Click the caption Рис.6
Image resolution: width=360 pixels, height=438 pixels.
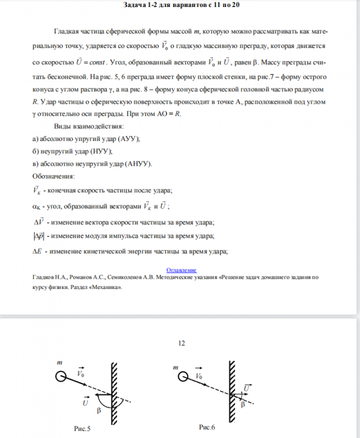point(207,427)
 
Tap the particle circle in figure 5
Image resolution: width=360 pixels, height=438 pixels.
point(62,376)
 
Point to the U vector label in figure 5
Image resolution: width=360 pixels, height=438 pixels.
point(85,402)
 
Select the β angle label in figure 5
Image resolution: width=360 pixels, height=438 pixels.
point(98,411)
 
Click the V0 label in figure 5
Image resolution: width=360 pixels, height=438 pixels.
point(81,373)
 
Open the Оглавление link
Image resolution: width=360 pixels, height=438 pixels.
point(181,269)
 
